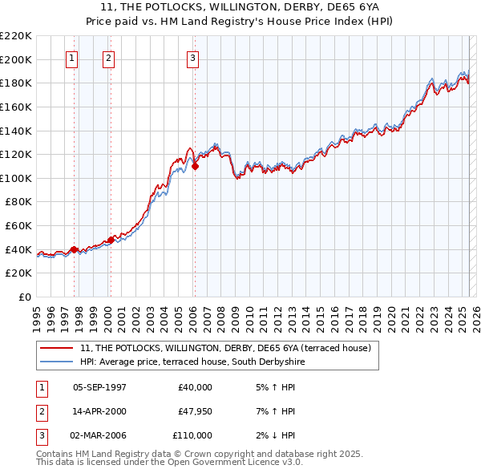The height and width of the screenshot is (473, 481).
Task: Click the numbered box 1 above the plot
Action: click(72, 58)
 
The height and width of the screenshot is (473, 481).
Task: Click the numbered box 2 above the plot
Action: click(108, 58)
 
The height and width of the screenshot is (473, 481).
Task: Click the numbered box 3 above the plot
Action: click(193, 58)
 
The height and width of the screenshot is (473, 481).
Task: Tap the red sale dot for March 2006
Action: click(195, 167)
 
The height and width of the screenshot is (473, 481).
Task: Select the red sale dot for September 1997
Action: click(75, 249)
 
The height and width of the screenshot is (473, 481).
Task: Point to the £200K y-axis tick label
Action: click(16, 59)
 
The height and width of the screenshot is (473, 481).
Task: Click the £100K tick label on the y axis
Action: click(16, 178)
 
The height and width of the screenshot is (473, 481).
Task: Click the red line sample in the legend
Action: click(57, 349)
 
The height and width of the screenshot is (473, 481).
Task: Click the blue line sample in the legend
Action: click(57, 362)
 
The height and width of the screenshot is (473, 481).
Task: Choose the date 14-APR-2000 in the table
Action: click(99, 411)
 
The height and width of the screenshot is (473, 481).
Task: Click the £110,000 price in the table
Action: click(192, 435)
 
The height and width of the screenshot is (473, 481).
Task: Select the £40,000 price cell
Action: click(195, 387)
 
